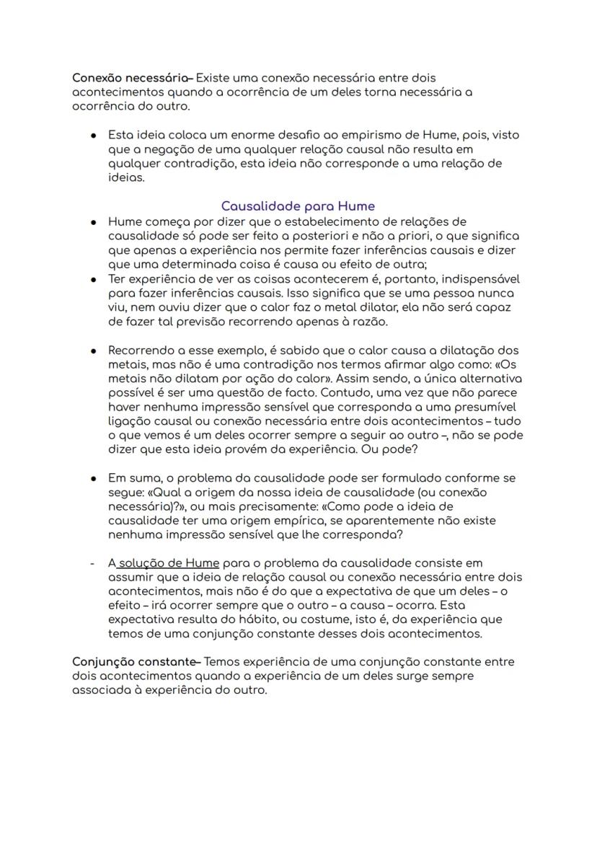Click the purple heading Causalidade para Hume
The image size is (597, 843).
(298, 206)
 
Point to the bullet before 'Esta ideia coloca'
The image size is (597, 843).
(94, 136)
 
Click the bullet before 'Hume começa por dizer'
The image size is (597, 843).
(94, 222)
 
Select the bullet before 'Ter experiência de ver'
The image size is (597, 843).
(94, 279)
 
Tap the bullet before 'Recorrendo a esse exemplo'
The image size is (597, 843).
(94, 350)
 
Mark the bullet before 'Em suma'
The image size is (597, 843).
(94, 478)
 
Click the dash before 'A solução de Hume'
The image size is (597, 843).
(92, 562)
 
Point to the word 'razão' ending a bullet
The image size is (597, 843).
(370, 322)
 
